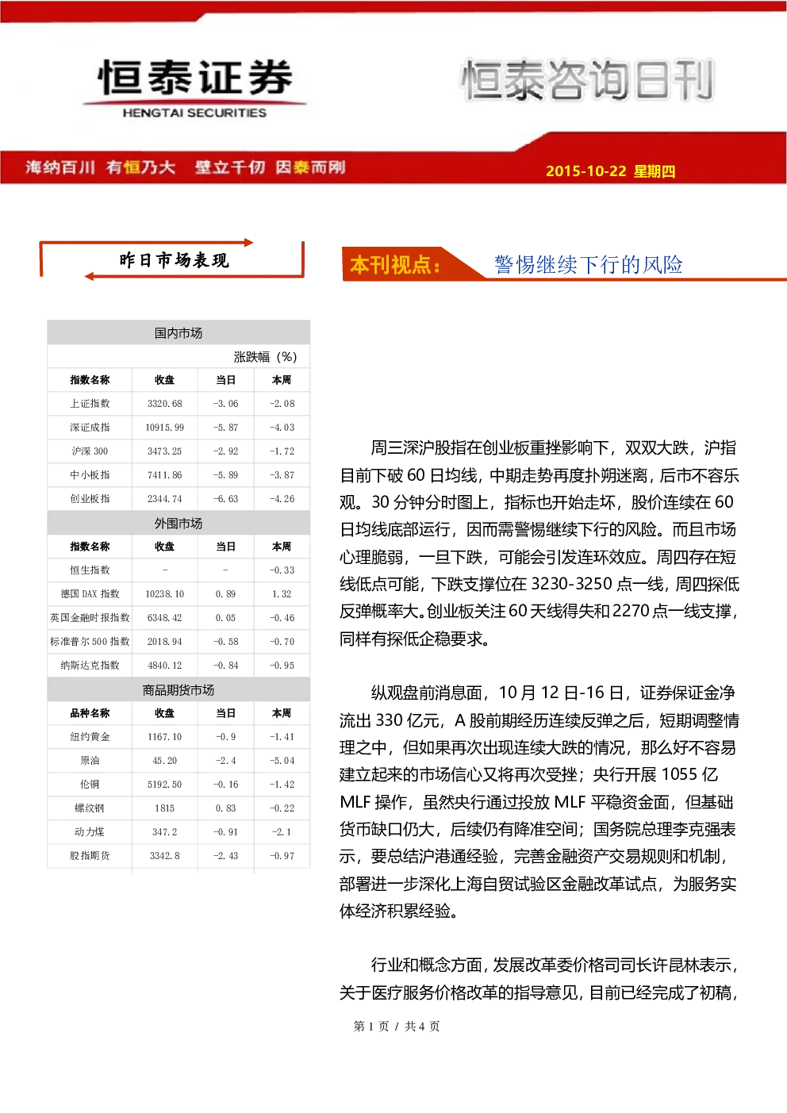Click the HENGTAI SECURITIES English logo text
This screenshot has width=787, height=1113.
coord(194,113)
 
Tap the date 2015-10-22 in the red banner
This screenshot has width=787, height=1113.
coord(585,171)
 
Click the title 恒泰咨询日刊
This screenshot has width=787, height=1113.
coord(587,79)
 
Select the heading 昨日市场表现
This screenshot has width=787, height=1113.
coord(174,260)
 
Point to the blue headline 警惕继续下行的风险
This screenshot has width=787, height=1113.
coord(588,264)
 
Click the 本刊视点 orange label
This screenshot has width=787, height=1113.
coord(395,265)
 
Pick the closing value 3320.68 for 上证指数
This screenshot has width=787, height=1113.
coord(164,404)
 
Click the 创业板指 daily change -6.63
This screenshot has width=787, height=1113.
coord(225,498)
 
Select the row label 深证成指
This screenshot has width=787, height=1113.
coord(90,428)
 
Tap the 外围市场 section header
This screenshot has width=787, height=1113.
coord(179,524)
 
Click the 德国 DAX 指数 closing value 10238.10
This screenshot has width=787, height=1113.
coord(164,593)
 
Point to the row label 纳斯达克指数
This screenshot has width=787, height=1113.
coord(90,665)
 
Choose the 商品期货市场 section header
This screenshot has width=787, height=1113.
coord(179,689)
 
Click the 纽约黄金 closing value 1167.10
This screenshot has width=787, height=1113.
coord(164,736)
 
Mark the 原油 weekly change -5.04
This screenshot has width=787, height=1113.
coord(282,760)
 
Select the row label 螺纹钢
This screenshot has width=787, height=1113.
coord(90,808)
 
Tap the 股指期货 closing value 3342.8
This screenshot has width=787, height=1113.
coord(164,856)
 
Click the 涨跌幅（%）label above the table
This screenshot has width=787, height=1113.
coord(265,357)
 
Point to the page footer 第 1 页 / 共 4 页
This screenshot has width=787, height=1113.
coord(396,1026)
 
